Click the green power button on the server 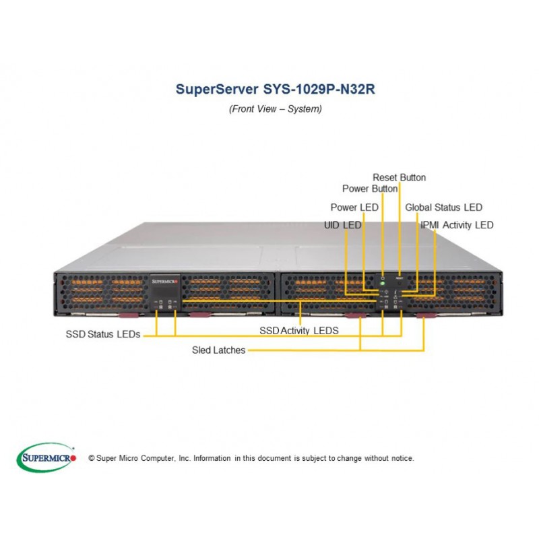pos(382,284)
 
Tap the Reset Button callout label pos(399,177)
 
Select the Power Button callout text pos(370,189)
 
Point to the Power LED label pos(354,208)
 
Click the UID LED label pos(343,225)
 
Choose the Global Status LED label pos(444,208)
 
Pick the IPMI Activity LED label pos(457,225)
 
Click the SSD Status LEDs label pos(103,334)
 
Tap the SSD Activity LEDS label pos(299,331)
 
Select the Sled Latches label pos(218,350)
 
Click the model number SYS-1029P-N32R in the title pos(319,89)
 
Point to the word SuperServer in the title pos(217,89)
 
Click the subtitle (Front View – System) pos(276,109)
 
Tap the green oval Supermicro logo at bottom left pos(46,457)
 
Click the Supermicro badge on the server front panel pos(164,282)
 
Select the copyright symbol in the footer pos(92,458)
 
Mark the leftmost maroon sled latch pos(129,315)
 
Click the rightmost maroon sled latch pos(426,315)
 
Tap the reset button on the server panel pos(399,284)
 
